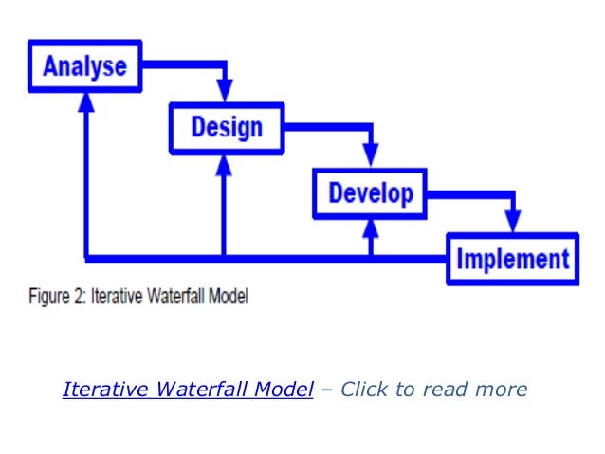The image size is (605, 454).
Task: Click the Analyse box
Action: pos(84,66)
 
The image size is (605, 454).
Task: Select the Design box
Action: pos(226,127)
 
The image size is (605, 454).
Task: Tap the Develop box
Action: pos(370,193)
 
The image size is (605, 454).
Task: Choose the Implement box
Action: pos(512,259)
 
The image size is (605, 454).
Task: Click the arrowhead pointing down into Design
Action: pos(225,91)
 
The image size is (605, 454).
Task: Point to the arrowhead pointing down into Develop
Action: pos(370,155)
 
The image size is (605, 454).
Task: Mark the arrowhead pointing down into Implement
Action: pos(513,222)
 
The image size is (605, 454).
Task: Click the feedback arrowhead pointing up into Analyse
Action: pos(86,101)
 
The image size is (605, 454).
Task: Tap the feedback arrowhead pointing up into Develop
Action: pos(371,230)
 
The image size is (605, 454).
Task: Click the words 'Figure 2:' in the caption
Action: pos(50,297)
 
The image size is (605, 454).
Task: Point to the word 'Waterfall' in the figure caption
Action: pos(170,297)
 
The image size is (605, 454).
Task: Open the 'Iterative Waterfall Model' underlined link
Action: pos(188,390)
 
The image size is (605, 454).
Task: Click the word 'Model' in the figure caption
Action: pos(226,297)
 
